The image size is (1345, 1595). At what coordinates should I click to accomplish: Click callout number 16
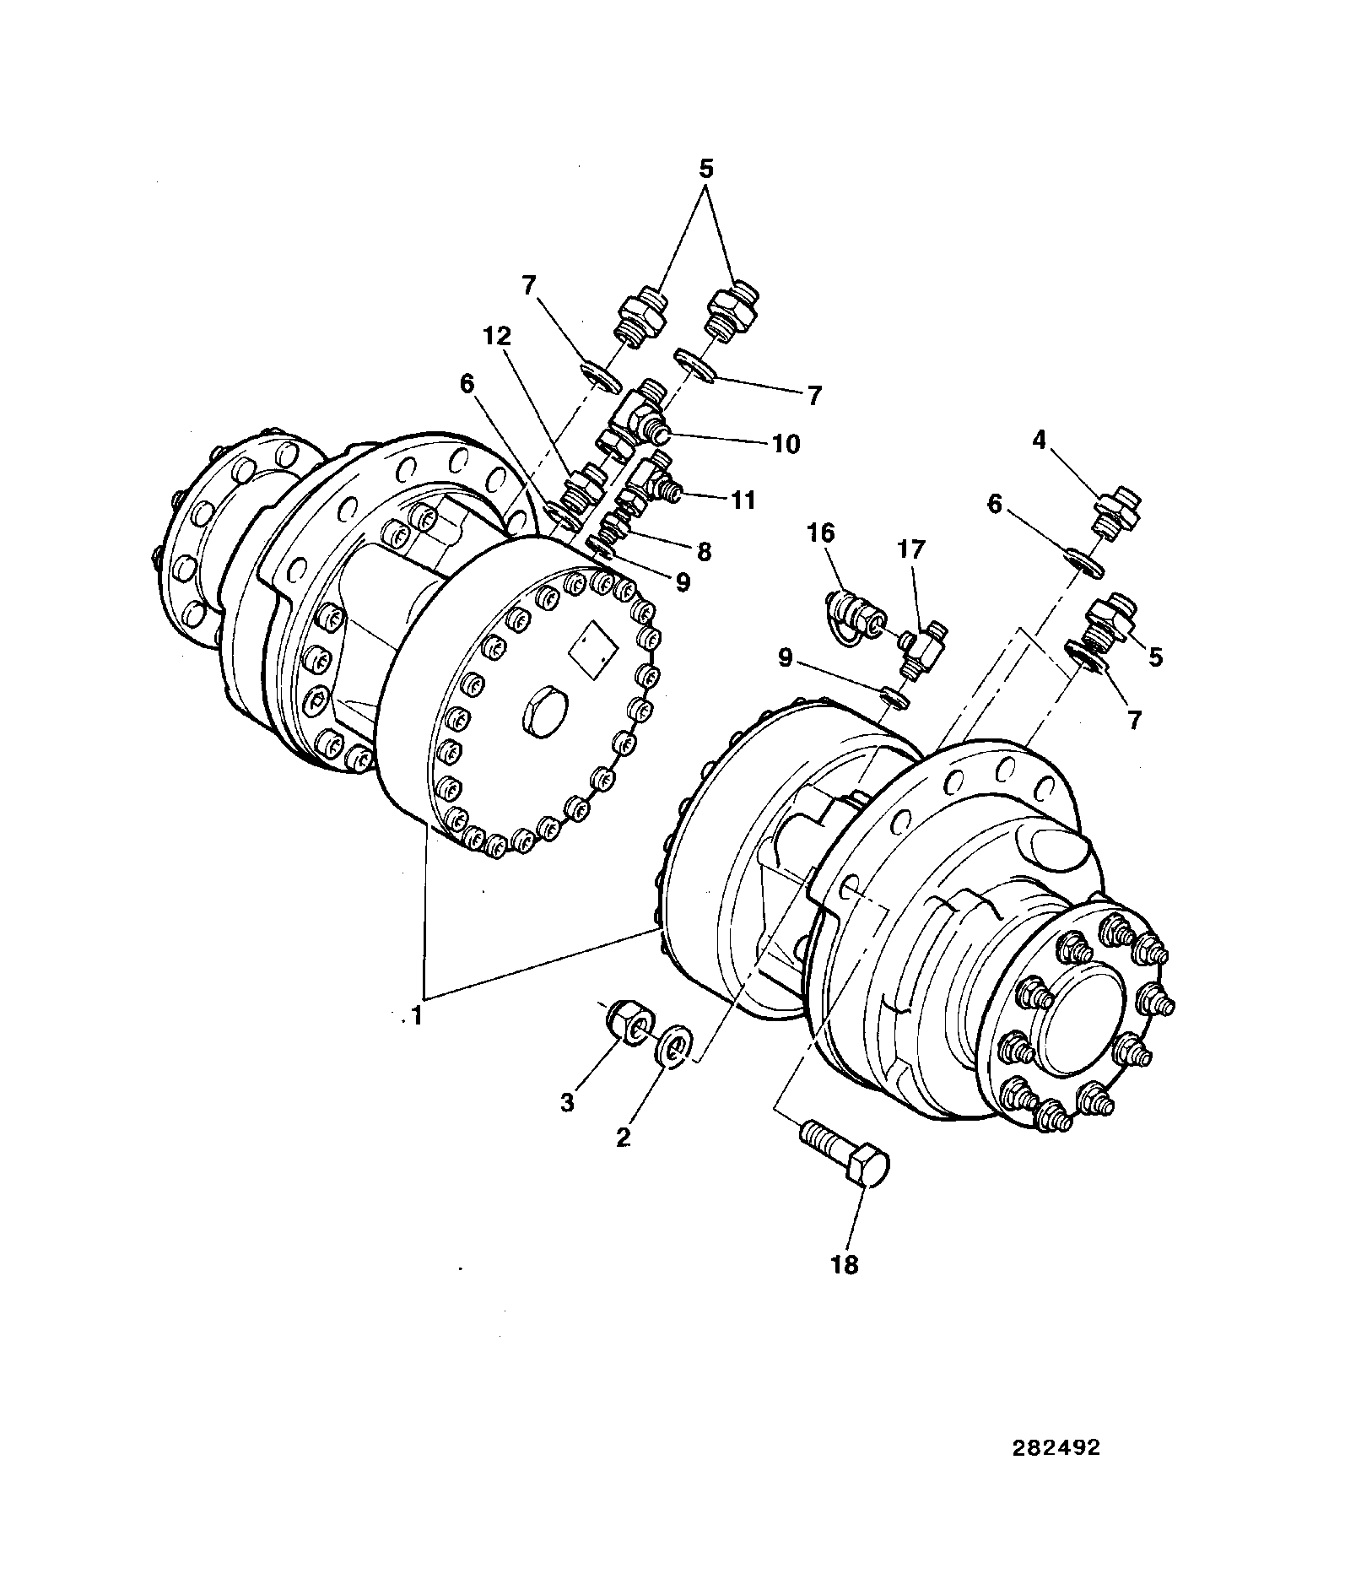pos(821,533)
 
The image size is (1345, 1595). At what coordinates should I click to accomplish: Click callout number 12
pos(497,338)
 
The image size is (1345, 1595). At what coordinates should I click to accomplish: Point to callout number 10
pos(786,444)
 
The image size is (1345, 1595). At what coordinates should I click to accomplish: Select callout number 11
pos(743,500)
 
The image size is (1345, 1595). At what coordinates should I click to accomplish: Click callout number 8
pos(704,552)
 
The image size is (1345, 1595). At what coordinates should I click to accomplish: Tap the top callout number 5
pos(706,169)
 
